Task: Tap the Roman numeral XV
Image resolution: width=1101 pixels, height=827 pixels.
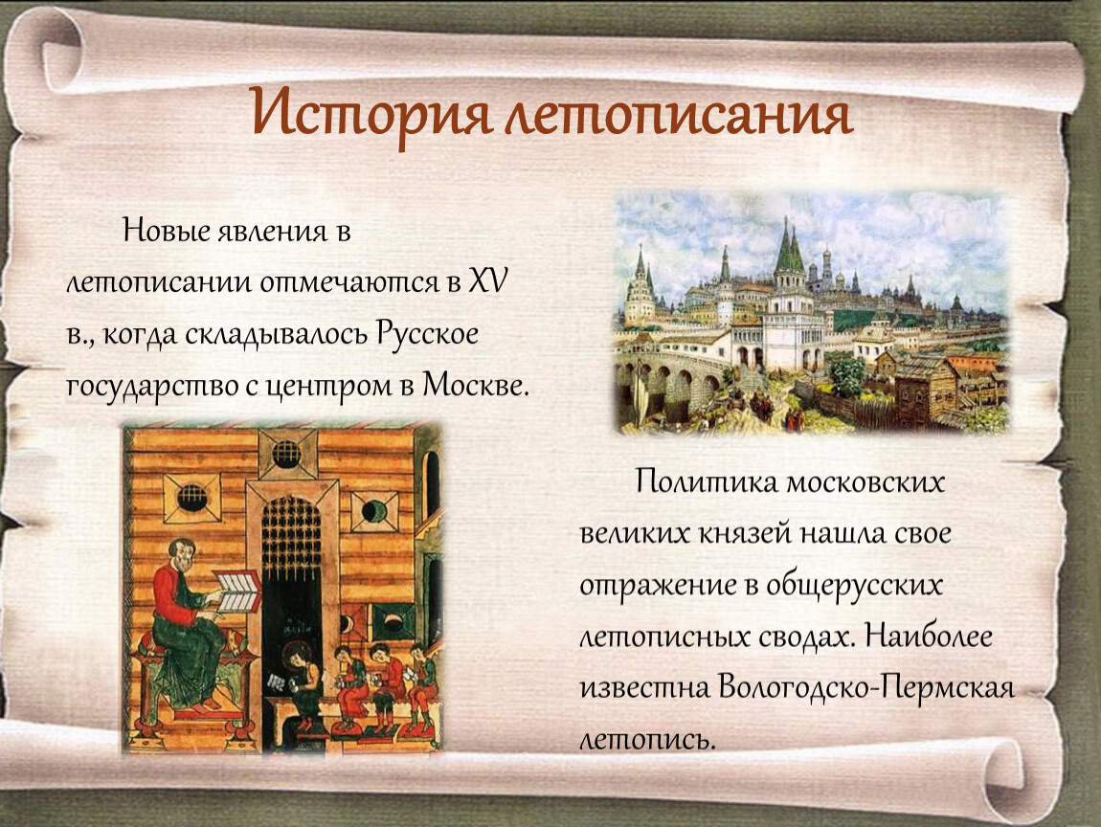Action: point(488,281)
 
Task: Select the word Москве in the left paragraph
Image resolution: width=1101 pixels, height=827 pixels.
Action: point(475,385)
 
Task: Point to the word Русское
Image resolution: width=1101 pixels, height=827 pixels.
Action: point(427,333)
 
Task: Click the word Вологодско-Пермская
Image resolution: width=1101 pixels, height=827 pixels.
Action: point(866,687)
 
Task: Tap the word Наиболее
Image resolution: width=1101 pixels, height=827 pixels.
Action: point(929,636)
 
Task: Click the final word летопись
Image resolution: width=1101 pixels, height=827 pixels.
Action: point(646,739)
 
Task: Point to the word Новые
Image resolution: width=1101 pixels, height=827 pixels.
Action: point(166,231)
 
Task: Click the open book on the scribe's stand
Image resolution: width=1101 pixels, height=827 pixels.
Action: point(236,592)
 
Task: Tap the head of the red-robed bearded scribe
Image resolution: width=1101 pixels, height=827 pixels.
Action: point(180,554)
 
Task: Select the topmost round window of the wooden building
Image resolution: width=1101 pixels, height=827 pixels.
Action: point(286,455)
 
